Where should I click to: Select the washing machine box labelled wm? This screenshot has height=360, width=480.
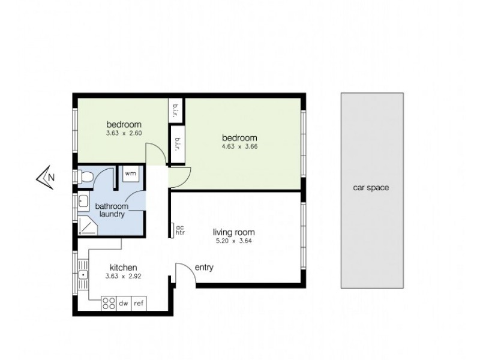(130, 174)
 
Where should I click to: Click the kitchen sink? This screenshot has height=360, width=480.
(82, 275)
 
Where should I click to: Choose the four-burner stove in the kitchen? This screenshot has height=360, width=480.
(108, 304)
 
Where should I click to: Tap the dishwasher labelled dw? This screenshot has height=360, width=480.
(124, 304)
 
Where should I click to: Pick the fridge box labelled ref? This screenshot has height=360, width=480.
(139, 304)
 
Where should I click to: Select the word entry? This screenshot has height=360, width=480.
(204, 268)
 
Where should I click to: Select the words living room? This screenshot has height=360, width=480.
(234, 232)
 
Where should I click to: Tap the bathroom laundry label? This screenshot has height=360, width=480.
(111, 210)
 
